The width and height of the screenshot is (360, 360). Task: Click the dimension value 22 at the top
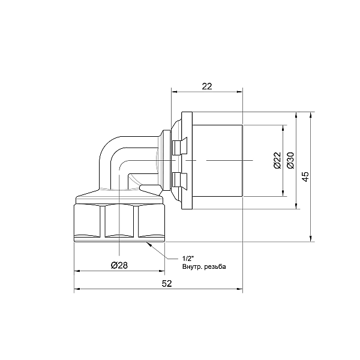pyautogui.click(x=207, y=86)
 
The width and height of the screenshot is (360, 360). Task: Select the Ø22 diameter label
pyautogui.click(x=277, y=160)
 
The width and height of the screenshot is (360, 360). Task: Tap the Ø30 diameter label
pyautogui.click(x=290, y=160)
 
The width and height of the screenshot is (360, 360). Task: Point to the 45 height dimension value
pyautogui.click(x=305, y=176)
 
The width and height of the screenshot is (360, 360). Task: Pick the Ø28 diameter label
pyautogui.click(x=119, y=265)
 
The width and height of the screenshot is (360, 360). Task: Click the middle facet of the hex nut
pyautogui.click(x=120, y=222)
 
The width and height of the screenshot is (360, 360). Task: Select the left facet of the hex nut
pyautogui.click(x=88, y=222)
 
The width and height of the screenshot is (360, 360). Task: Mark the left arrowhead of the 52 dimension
pyautogui.click(x=76, y=291)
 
